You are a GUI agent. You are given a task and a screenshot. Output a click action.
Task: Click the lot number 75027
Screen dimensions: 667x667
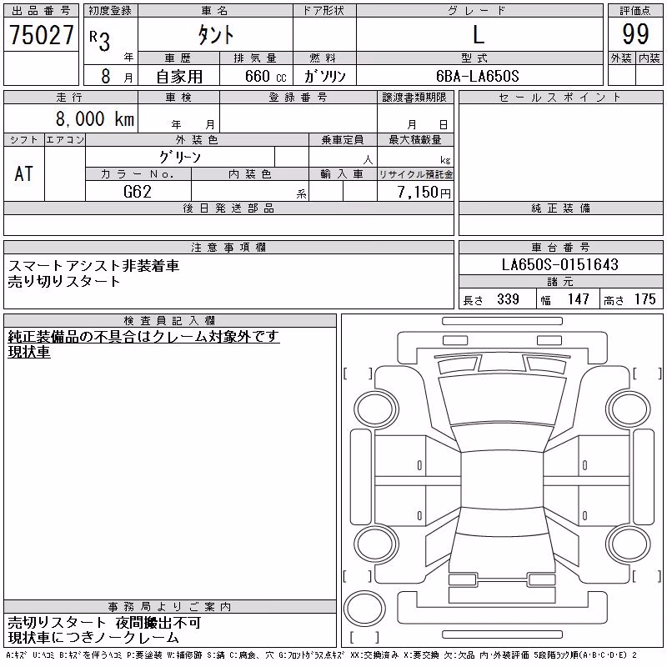coord(42,34)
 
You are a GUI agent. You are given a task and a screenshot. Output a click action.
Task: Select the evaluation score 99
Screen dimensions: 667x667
coord(635,34)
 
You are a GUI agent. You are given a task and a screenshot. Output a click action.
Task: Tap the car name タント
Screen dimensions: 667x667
coord(216,34)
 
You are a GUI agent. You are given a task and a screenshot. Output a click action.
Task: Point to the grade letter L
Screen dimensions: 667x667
coord(479,34)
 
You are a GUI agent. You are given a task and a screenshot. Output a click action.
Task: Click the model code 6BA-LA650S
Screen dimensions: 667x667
coord(477,76)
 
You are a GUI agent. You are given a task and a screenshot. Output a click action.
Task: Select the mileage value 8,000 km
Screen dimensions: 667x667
coord(95,118)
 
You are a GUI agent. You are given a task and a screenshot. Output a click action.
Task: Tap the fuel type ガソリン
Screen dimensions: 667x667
coord(324,76)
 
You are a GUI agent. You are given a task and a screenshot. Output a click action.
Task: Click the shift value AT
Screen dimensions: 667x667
coord(24,174)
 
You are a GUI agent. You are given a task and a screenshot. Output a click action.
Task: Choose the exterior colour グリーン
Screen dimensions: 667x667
coord(180,158)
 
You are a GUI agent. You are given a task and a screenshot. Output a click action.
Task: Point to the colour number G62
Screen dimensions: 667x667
coord(138,192)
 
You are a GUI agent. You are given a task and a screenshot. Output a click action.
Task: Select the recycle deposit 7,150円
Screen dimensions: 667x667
coord(424,192)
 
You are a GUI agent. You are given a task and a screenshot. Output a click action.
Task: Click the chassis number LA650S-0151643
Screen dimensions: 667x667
coord(559,264)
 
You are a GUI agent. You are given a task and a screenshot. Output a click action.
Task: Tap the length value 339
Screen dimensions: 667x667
coord(508,299)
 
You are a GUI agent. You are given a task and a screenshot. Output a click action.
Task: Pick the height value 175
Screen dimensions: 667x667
coord(644,299)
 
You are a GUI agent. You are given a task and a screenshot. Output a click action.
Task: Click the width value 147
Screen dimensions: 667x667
coord(578,299)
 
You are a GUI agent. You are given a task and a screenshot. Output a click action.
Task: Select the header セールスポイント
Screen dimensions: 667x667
coord(560,98)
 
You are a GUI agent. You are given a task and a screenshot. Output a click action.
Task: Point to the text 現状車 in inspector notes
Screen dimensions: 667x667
coord(29,352)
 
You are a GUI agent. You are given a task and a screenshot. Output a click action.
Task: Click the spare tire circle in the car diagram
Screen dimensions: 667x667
coord(364,608)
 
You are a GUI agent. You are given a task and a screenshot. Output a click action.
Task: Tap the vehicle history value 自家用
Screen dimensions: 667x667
coord(179,77)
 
